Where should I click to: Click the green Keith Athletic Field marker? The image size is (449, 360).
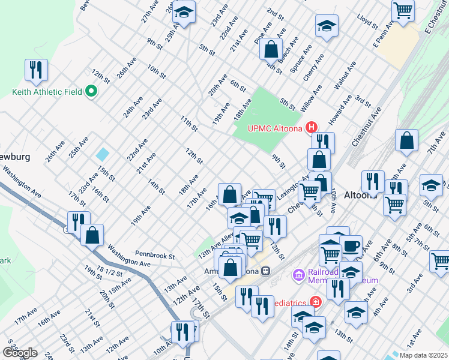pyautogui.click(x=91, y=92)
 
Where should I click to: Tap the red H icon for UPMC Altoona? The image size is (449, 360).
pyautogui.click(x=312, y=127)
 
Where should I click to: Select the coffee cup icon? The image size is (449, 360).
pyautogui.click(x=351, y=245)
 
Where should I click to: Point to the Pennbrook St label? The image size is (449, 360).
pyautogui.click(x=154, y=256)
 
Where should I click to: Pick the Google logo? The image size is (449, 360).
pyautogui.click(x=19, y=352)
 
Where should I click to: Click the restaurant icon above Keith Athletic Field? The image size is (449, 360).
pyautogui.click(x=36, y=70)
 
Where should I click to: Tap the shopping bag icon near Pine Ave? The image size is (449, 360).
pyautogui.click(x=271, y=49)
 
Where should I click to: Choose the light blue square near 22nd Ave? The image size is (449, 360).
pyautogui.click(x=103, y=154)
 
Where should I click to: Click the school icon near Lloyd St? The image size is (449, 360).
pyautogui.click(x=327, y=26)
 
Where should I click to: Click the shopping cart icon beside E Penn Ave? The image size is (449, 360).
pyautogui.click(x=403, y=10)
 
